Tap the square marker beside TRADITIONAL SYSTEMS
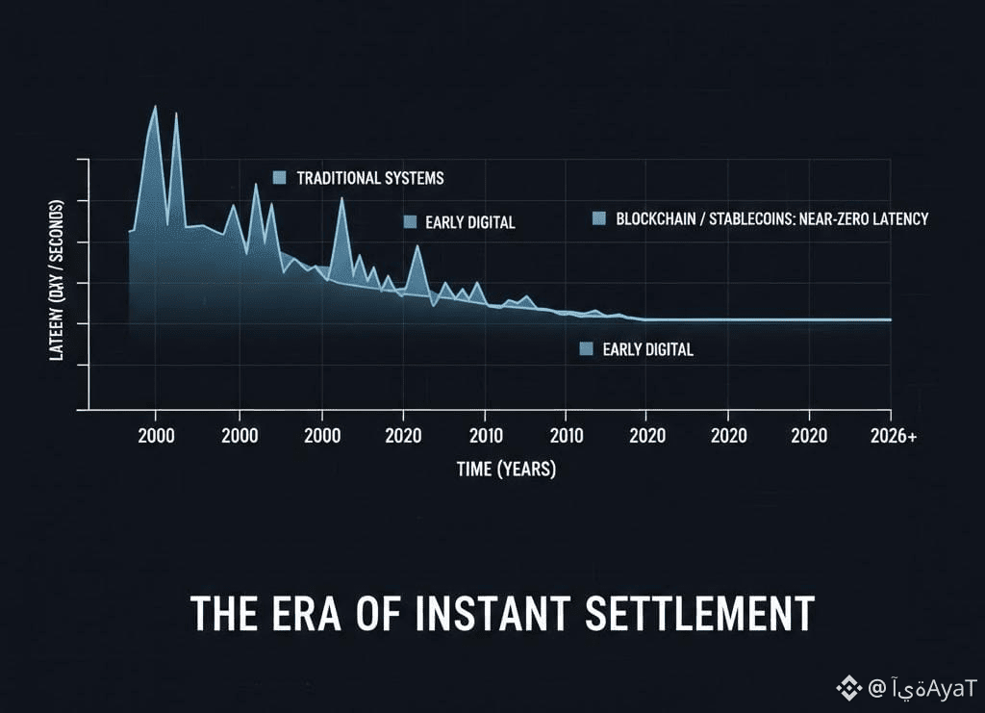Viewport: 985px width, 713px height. pyautogui.click(x=280, y=177)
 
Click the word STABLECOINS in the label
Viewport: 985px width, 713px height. pyautogui.click(x=749, y=218)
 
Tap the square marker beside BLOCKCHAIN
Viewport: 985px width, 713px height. pyautogui.click(x=599, y=218)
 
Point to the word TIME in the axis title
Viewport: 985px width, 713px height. pyautogui.click(x=474, y=471)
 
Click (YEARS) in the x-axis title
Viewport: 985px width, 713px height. pyautogui.click(x=525, y=471)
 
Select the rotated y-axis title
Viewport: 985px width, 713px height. pyautogui.click(x=57, y=279)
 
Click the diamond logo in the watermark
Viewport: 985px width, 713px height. pyautogui.click(x=847, y=688)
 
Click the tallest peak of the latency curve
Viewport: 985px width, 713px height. pyautogui.click(x=155, y=106)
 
